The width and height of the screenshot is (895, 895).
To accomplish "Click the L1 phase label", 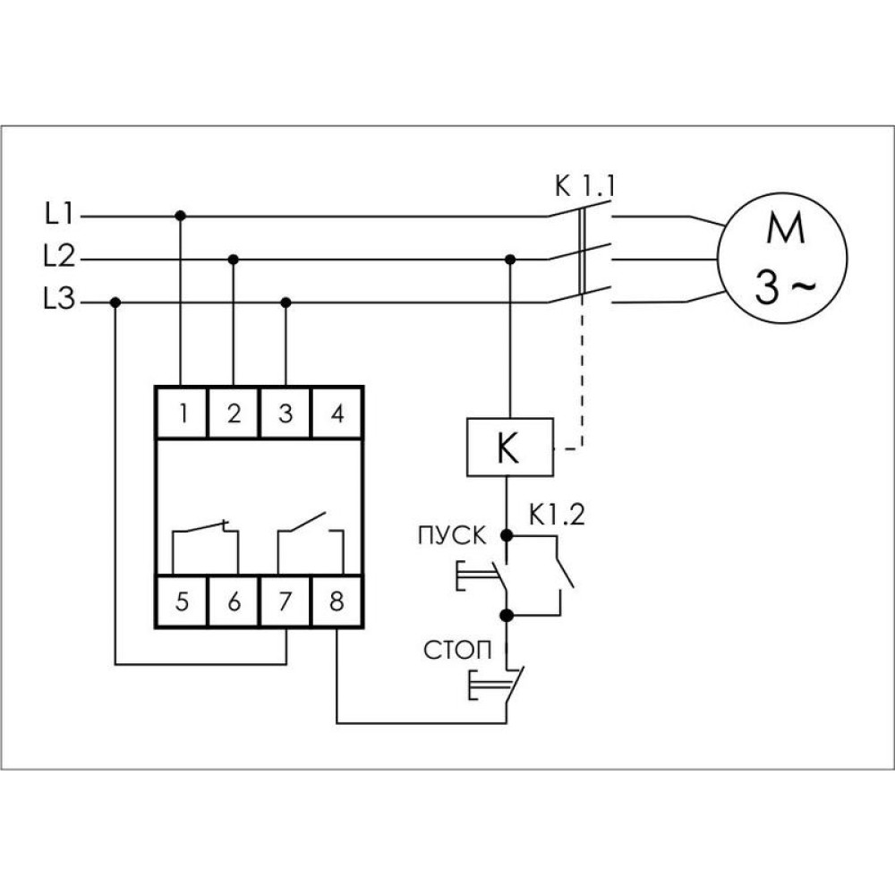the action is [x=59, y=214].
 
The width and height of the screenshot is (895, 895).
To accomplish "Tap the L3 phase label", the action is [x=59, y=299].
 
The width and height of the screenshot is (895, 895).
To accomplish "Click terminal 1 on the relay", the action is [x=182, y=413].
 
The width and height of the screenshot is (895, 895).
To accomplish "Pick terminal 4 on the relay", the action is [x=337, y=413].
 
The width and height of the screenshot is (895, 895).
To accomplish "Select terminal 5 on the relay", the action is [x=182, y=601].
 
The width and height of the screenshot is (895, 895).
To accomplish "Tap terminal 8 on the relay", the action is [x=337, y=601].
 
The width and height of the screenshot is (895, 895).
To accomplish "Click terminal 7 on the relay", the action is [x=286, y=601].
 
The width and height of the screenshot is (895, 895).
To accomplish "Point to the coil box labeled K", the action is [x=510, y=447].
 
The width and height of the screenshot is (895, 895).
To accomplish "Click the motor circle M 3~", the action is [x=782, y=258].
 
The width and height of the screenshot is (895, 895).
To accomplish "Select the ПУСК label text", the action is [x=452, y=536].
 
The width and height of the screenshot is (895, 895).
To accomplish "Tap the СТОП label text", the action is [x=457, y=650].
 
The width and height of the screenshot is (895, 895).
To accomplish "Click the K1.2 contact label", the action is [x=557, y=516].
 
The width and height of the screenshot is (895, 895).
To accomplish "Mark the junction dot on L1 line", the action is [x=181, y=216].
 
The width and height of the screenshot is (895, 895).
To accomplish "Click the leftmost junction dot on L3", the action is [x=115, y=302].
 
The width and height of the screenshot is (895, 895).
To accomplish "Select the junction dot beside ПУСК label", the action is [x=507, y=535].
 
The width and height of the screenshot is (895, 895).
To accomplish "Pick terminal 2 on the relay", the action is [x=234, y=413].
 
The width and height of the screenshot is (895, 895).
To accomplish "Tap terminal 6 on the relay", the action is [x=234, y=601].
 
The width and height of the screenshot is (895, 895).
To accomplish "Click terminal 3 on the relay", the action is [x=286, y=413].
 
